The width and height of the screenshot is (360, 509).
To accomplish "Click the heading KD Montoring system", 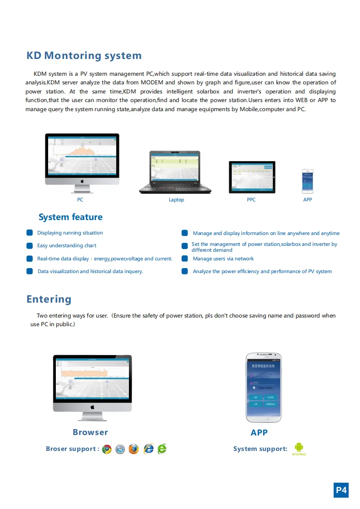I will (84, 56).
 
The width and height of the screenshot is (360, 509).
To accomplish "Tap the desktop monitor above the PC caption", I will (82, 159).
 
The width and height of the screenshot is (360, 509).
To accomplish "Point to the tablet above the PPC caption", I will (252, 177).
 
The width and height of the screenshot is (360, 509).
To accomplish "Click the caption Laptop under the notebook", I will (177, 200).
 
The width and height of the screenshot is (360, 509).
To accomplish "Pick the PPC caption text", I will (251, 200).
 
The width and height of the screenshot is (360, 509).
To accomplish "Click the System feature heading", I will (70, 217).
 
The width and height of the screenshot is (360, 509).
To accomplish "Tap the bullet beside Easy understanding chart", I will (30, 246).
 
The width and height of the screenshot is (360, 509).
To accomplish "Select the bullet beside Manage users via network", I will (185, 259).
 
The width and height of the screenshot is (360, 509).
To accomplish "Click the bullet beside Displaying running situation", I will (30, 233).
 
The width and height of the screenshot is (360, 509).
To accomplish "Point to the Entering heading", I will (49, 299).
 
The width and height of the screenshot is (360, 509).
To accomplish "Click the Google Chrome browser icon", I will (107, 449).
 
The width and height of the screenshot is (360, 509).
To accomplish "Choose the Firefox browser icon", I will (133, 449).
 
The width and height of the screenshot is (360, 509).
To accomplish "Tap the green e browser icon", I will (162, 449).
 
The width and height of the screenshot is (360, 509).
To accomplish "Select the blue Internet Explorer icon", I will (148, 449).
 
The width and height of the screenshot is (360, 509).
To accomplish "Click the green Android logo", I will (299, 448).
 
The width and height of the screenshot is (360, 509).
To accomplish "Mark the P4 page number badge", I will (341, 490).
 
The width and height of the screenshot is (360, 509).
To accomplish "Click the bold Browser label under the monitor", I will (90, 432).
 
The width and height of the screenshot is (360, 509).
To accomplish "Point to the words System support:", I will (260, 449).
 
